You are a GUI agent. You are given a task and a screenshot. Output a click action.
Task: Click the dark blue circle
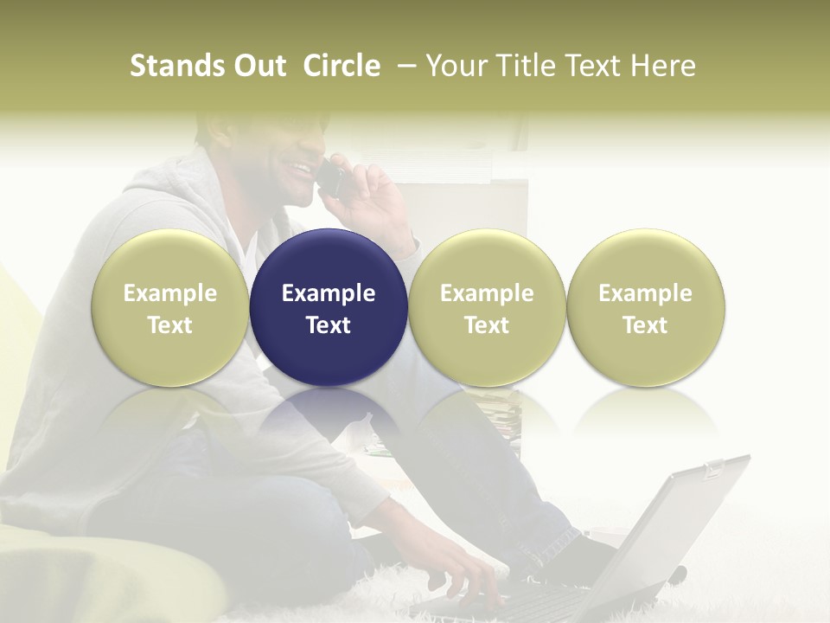pyautogui.click(x=329, y=307)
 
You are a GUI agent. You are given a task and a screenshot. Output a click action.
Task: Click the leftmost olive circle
pyautogui.click(x=170, y=307)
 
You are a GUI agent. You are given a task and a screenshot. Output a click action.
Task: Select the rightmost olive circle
pyautogui.click(x=646, y=307)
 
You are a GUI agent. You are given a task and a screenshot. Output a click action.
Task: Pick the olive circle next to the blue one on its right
pyautogui.click(x=487, y=307)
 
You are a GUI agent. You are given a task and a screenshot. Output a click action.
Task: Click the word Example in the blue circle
pyautogui.click(x=329, y=293)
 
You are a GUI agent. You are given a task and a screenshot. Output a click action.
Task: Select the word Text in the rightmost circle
pyautogui.click(x=646, y=325)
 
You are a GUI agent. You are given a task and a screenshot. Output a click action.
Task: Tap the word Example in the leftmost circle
pyautogui.click(x=170, y=293)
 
